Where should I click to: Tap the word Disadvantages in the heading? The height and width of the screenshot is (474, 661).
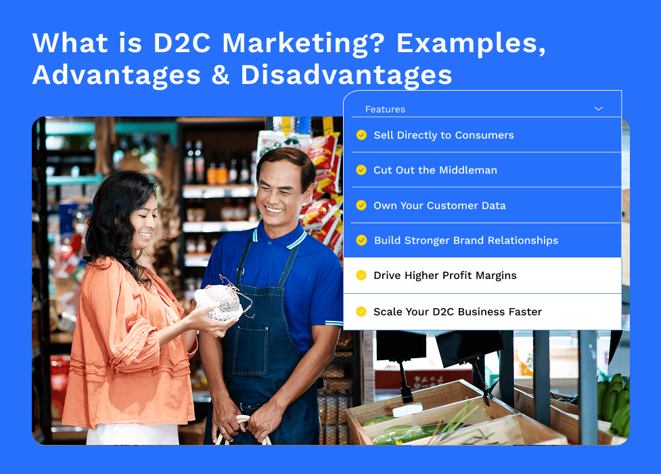coord(346,75)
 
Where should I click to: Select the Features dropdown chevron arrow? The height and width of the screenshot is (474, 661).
coord(598,109)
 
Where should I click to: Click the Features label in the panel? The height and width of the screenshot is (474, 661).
coord(385,109)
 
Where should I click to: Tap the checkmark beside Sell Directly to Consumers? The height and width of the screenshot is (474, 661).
coord(361,135)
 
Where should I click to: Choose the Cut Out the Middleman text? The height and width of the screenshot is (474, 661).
coord(435,170)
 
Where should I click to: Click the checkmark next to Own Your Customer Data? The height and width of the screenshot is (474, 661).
coord(361,205)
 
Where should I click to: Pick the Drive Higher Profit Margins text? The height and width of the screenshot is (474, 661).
coord(445,276)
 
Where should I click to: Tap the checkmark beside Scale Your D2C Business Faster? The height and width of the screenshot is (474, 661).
coord(361,311)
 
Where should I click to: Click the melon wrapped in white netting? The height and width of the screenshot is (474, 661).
coord(219,302)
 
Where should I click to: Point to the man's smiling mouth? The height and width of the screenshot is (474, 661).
coord(275,210)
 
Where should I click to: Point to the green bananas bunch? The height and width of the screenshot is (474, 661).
coord(614,403)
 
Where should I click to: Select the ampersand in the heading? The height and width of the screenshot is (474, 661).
coord(221,75)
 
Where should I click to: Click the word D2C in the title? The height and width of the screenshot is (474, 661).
coord(182,43)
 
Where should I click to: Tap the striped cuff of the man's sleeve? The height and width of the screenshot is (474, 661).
coord(334,323)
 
